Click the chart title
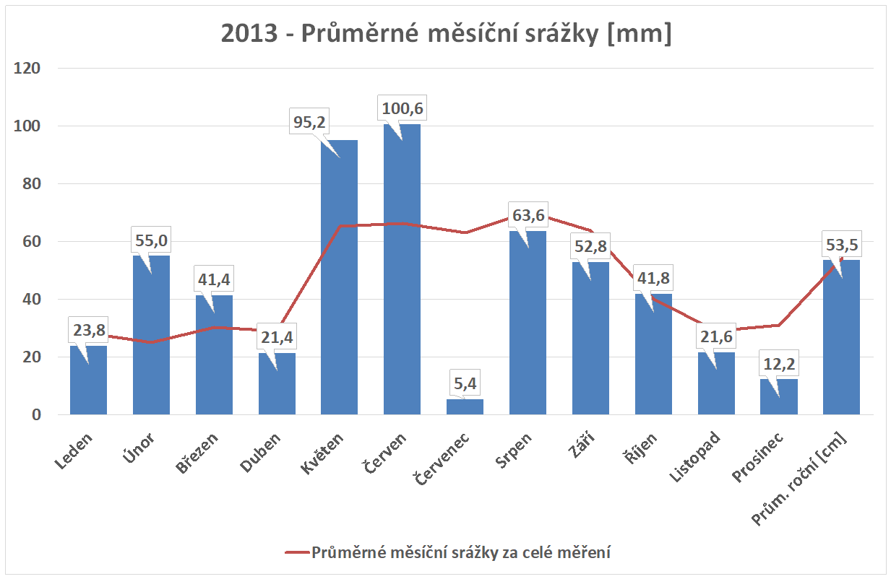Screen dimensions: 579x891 click(x=446, y=34)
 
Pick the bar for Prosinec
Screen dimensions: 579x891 click(x=779, y=396)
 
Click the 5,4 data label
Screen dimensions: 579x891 click(x=465, y=383)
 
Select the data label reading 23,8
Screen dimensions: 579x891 click(x=88, y=331)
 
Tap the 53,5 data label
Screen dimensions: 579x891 click(x=842, y=245)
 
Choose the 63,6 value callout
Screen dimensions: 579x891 click(x=528, y=216)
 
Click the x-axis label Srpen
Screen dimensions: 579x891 click(x=515, y=451)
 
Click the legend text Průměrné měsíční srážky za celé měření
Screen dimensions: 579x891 click(x=461, y=553)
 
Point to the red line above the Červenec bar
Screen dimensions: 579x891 click(x=465, y=232)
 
